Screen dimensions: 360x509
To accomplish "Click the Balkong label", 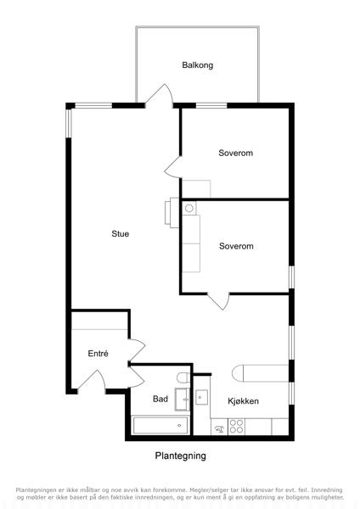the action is click(x=198, y=65).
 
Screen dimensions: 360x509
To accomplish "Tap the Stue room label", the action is click(x=121, y=234).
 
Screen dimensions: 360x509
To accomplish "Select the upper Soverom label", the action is click(x=235, y=153).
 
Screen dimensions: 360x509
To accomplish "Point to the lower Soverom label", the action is click(x=236, y=246).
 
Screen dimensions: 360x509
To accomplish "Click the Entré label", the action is click(x=98, y=353).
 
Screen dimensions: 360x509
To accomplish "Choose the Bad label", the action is click(x=160, y=399).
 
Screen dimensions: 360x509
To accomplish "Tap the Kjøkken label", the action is click(x=244, y=401).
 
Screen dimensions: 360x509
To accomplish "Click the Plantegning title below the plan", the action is click(x=180, y=456).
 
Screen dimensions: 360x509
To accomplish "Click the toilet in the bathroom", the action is click(x=183, y=378).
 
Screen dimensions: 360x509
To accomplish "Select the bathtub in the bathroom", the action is click(x=160, y=426).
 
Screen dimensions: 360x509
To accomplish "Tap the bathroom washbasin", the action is click(x=183, y=399).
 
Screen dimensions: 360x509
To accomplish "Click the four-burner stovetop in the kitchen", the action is click(x=236, y=427).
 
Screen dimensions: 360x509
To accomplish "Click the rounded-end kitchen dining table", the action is click(x=261, y=373).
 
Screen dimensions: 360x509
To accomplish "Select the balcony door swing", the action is click(x=160, y=95).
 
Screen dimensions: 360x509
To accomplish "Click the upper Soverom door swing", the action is click(x=173, y=167).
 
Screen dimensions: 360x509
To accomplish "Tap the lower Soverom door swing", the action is click(x=219, y=301).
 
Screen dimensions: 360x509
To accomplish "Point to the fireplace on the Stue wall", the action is click(x=172, y=213).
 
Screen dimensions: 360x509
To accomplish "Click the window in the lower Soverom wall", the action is click(x=292, y=277).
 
